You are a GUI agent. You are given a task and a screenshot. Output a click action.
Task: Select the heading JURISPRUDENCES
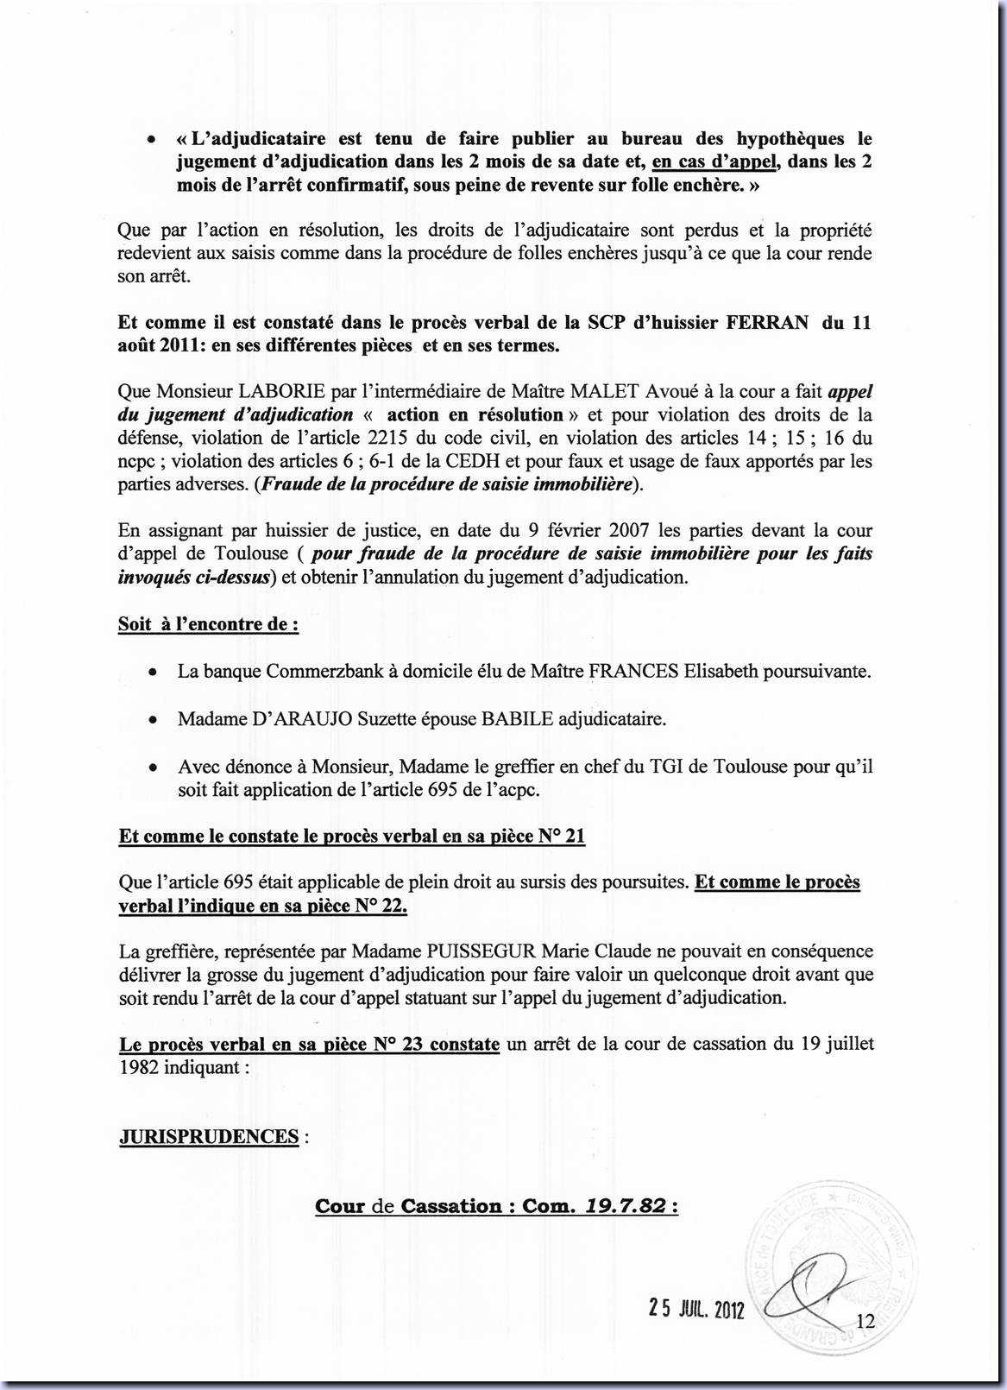point(209,1136)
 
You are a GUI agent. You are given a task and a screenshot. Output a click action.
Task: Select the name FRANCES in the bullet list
point(633,671)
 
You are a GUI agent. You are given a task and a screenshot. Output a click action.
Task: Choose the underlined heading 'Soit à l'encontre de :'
point(208,624)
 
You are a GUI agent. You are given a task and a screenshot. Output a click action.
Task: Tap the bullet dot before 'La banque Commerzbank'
point(152,672)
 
